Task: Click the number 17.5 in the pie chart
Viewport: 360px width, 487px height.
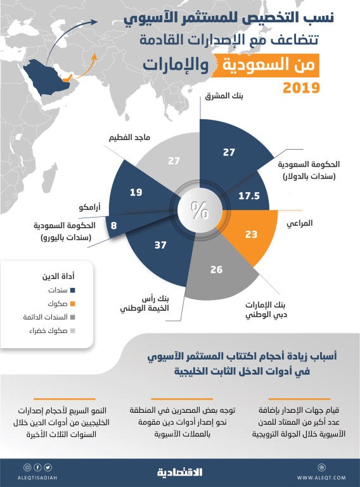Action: [248, 197]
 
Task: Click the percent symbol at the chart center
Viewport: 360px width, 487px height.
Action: [200, 211]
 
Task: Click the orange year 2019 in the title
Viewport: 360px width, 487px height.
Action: [301, 88]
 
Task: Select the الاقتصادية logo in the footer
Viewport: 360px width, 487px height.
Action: [179, 472]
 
